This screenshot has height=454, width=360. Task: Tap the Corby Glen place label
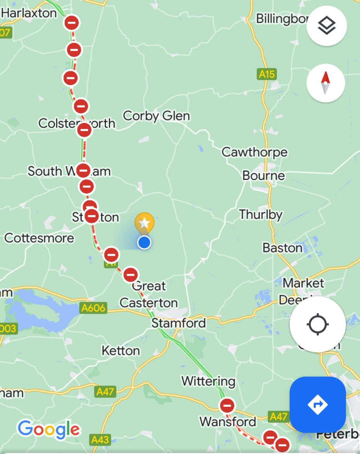coord(157,116)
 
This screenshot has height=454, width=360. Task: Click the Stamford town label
coord(178,323)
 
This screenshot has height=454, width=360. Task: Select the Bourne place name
coord(264,176)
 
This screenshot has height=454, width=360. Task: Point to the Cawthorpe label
coord(254,152)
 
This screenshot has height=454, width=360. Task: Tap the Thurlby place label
coord(261,214)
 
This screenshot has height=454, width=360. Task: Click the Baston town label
coord(282,248)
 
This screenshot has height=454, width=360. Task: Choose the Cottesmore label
coord(39,238)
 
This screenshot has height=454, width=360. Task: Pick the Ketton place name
coord(121,350)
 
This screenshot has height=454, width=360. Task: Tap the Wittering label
coord(208,381)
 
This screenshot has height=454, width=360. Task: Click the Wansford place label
coord(228,421)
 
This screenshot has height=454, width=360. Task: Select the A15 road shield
coord(267,74)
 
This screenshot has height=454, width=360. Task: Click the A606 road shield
coord(94,309)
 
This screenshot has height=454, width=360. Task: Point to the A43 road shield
coord(100,439)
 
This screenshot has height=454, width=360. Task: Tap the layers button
coord(326,26)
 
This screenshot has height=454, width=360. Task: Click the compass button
coord(325,83)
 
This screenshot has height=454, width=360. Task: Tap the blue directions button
coord(317,404)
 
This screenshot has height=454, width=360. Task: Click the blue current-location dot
coord(144,242)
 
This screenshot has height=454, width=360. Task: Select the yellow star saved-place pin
coord(144,223)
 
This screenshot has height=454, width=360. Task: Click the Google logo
coord(49,429)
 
